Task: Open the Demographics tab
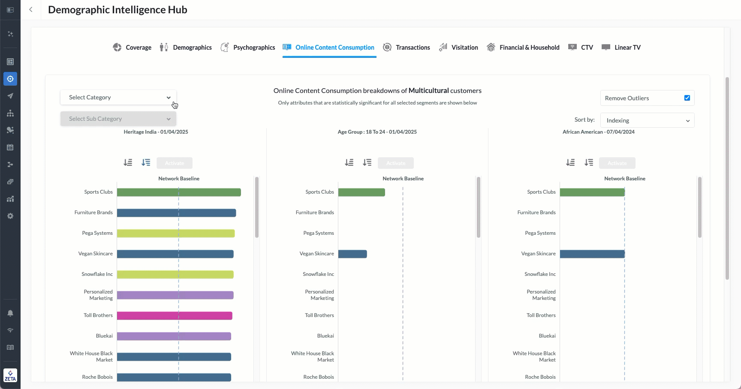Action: pos(186,48)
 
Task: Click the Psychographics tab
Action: pos(248,48)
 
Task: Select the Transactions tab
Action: pos(407,48)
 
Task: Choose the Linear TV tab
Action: pos(621,48)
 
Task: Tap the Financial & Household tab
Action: pos(523,48)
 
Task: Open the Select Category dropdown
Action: pos(118,98)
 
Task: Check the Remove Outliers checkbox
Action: pos(687,98)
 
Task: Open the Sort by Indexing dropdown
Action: pos(647,120)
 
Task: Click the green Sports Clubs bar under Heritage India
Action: pos(179,192)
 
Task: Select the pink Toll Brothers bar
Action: pos(175,316)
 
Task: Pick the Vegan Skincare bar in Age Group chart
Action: pos(352,254)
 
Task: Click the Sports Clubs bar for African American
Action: pos(592,192)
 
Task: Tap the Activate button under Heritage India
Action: pos(175,163)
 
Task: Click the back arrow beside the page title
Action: pos(31,10)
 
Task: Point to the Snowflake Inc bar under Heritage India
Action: pos(175,275)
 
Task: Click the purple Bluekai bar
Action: pos(174,336)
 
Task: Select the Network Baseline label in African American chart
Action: pos(624,179)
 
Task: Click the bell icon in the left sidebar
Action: pos(10,313)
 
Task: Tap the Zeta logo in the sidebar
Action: pos(10,375)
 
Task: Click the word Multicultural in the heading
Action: pos(428,91)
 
